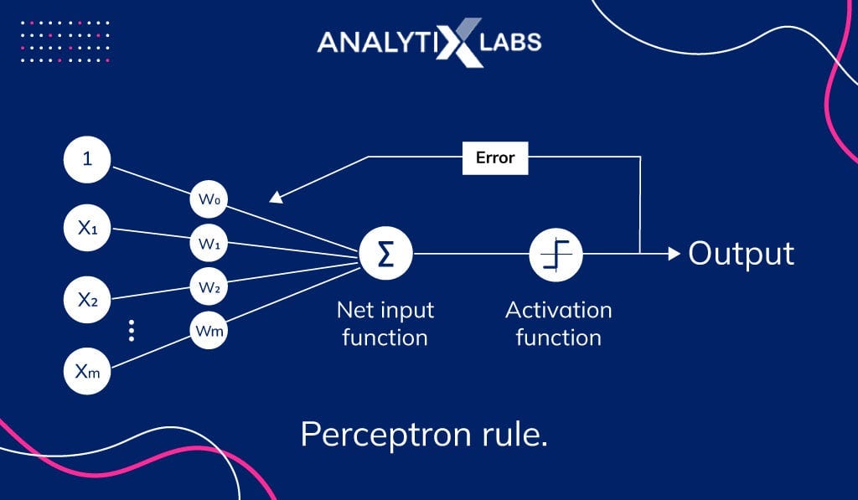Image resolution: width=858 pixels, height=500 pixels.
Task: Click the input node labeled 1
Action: pyautogui.click(x=88, y=160)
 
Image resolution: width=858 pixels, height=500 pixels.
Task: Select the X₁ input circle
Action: pyautogui.click(x=88, y=229)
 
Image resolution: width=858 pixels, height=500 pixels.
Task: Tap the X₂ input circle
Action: pyautogui.click(x=88, y=298)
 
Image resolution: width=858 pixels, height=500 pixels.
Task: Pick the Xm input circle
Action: pyautogui.click(x=88, y=371)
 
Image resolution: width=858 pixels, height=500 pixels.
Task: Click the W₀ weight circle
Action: pyautogui.click(x=209, y=200)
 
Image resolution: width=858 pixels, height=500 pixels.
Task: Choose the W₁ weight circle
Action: pyautogui.click(x=209, y=245)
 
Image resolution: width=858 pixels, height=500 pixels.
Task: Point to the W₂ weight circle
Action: pyautogui.click(x=209, y=287)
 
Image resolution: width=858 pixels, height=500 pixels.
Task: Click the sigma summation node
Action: pyautogui.click(x=385, y=252)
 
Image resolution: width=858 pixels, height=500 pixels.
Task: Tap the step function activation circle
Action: pyautogui.click(x=556, y=252)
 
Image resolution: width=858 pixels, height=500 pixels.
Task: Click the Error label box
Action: pyautogui.click(x=495, y=157)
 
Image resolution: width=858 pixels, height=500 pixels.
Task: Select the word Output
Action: pyautogui.click(x=741, y=253)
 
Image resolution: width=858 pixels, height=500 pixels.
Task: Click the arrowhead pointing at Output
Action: pyautogui.click(x=675, y=253)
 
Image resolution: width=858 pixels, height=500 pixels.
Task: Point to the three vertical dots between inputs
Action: pyautogui.click(x=132, y=331)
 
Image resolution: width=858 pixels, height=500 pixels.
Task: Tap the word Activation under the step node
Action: pyautogui.click(x=558, y=311)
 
